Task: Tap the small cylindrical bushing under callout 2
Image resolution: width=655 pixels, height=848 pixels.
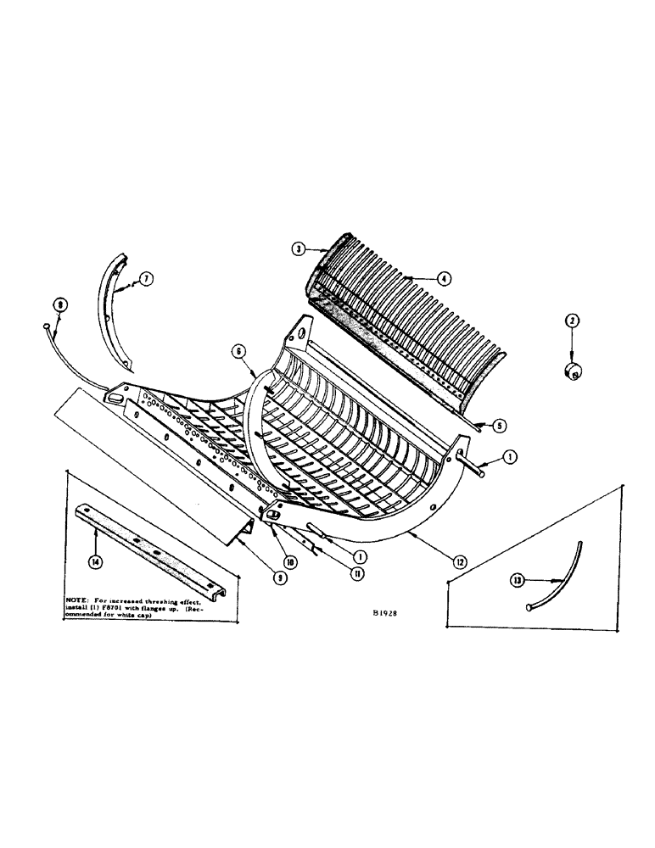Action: (576, 370)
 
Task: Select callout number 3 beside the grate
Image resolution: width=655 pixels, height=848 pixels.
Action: (298, 248)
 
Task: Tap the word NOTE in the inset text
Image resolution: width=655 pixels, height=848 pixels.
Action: (81, 600)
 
